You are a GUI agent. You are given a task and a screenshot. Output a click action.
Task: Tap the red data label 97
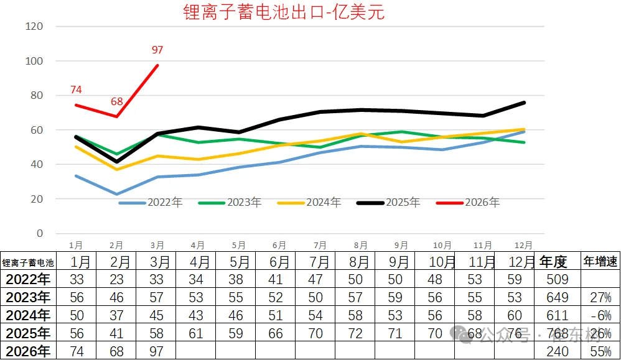[157, 50]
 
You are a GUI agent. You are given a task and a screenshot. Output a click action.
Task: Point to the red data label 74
[77, 90]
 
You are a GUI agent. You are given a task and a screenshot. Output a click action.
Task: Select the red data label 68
[118, 101]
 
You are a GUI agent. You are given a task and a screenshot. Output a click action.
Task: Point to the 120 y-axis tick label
[34, 27]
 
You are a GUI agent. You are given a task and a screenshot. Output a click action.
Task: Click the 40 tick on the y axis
[37, 165]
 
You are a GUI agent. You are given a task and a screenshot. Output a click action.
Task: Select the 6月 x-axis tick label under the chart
[279, 246]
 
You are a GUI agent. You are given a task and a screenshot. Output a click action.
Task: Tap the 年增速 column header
[600, 262]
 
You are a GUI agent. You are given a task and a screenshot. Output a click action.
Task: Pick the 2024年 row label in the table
[27, 315]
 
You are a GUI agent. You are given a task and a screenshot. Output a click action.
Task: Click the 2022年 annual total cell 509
[553, 279]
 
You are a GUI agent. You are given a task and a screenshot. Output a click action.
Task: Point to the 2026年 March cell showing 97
[156, 351]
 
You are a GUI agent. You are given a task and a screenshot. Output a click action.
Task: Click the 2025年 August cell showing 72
[355, 333]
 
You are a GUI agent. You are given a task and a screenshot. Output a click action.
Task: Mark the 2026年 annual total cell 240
[553, 351]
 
